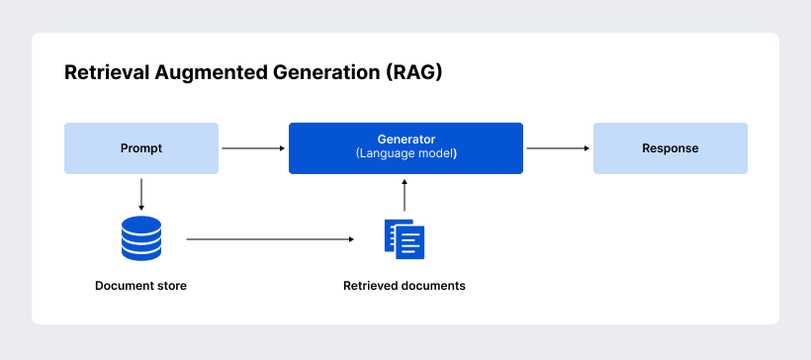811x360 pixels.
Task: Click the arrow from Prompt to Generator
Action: tap(253, 148)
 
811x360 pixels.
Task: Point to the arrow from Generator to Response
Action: tap(558, 148)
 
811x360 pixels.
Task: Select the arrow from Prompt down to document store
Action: tap(141, 194)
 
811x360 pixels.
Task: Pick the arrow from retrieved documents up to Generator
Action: tap(405, 197)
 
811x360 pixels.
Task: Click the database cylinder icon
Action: tap(141, 238)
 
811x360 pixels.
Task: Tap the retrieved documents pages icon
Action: tap(405, 238)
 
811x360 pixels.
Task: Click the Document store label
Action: tap(140, 286)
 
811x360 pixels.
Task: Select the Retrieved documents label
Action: tap(405, 286)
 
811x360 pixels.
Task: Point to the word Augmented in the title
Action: tap(197, 73)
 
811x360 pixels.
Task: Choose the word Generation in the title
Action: tap(304, 73)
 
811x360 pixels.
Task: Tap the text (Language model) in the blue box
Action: tap(405, 155)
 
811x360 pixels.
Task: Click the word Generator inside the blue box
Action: tap(405, 139)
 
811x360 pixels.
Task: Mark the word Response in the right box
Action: tap(670, 148)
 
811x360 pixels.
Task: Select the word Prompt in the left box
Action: tap(141, 148)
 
